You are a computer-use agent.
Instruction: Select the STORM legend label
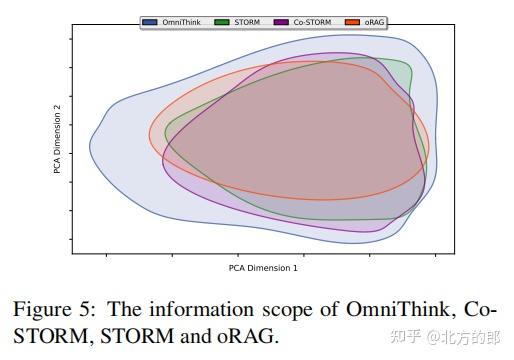(x=248, y=20)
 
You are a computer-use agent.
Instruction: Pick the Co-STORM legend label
(x=311, y=20)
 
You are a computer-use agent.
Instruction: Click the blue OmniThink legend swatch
(x=151, y=20)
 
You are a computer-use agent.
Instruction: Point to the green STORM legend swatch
(x=222, y=20)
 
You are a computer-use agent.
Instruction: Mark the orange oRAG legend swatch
(x=351, y=20)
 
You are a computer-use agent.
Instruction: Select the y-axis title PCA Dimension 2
(x=59, y=140)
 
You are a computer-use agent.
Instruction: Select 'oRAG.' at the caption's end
(x=248, y=336)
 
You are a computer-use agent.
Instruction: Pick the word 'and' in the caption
(x=196, y=336)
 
